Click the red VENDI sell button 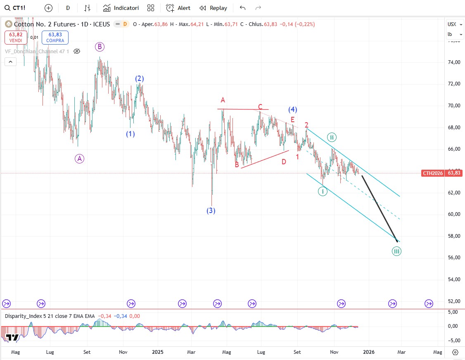(x=16, y=38)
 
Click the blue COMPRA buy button (x=55, y=38)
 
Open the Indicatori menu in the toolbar (x=121, y=8)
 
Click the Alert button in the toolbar (x=178, y=8)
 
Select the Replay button (x=213, y=8)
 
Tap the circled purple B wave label (x=100, y=47)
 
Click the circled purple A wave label (x=80, y=158)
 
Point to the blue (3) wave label (x=211, y=211)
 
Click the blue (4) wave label (x=293, y=109)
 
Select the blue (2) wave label (x=140, y=78)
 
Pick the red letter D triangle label (x=284, y=162)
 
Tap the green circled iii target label (x=396, y=251)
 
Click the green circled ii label (x=331, y=137)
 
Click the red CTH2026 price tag (x=432, y=173)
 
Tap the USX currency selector (x=452, y=24)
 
